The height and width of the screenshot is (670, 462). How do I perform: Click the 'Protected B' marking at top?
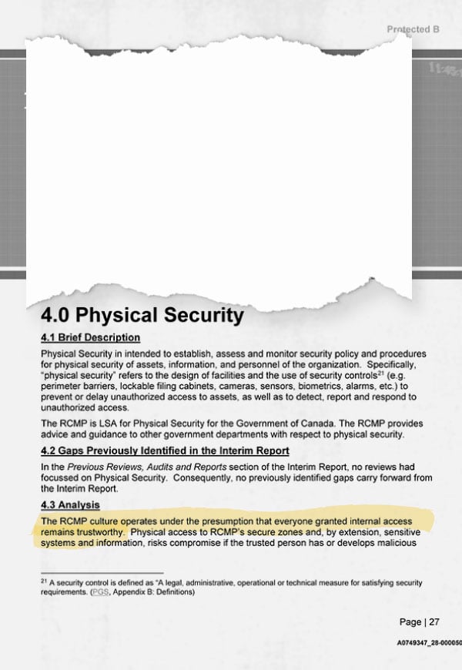coord(413,28)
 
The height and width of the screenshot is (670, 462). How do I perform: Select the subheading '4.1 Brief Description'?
coord(90,337)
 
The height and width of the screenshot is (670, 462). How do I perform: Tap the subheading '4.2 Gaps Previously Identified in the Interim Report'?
coord(165,451)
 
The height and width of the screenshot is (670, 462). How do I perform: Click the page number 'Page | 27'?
coord(420,621)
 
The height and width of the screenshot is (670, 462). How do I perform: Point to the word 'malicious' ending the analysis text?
coord(393,542)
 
